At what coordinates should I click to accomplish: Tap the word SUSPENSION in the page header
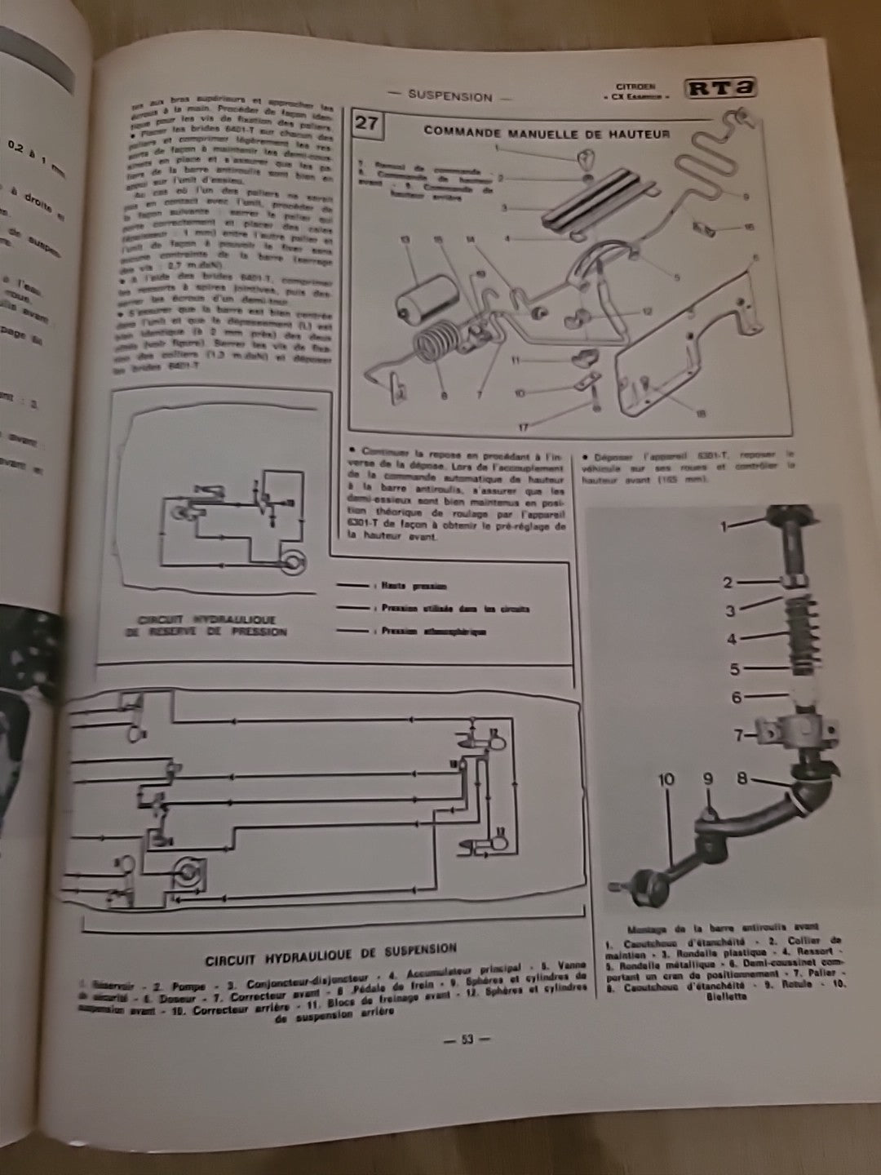[450, 96]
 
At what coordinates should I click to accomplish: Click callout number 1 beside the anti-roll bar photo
[722, 527]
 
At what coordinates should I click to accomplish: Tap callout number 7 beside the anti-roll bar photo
[738, 735]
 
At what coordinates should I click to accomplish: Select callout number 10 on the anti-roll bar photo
[666, 778]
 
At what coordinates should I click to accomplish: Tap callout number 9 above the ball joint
[707, 778]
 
